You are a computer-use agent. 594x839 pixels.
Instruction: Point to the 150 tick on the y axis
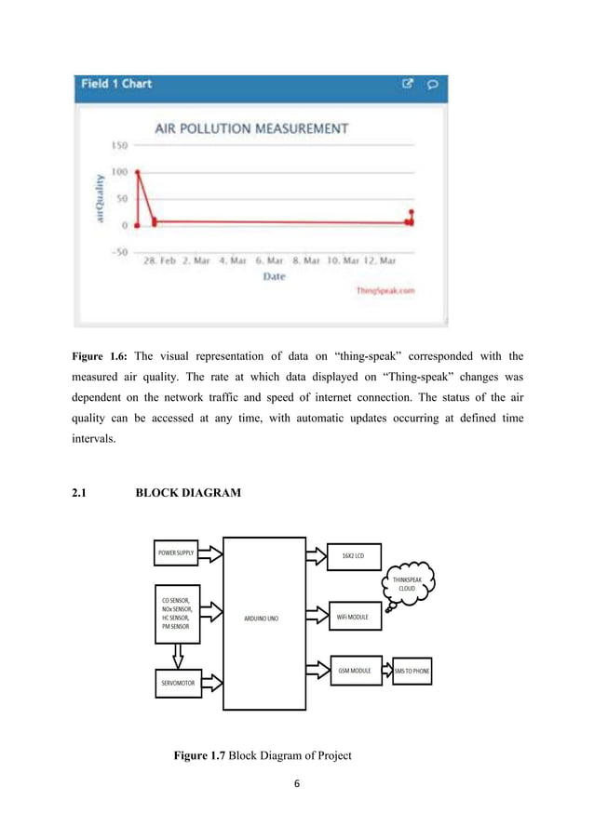pos(119,145)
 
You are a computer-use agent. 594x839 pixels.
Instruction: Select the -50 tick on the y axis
pos(118,251)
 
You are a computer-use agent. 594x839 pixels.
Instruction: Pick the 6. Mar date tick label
pos(270,261)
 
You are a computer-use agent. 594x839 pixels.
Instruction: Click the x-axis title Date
pos(274,277)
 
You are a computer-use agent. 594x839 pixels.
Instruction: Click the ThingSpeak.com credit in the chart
pos(385,290)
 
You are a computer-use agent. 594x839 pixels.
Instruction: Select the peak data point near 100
pos(138,172)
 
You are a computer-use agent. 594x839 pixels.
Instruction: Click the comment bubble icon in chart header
pos(431,84)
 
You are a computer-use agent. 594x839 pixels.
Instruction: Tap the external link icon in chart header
pos(408,84)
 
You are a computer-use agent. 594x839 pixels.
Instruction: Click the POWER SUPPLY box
pos(182,553)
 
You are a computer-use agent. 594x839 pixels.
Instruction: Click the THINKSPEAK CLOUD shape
pos(407,583)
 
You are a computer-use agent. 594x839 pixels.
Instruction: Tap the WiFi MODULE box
pos(352,617)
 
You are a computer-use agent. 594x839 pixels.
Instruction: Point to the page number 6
pos(297,783)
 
